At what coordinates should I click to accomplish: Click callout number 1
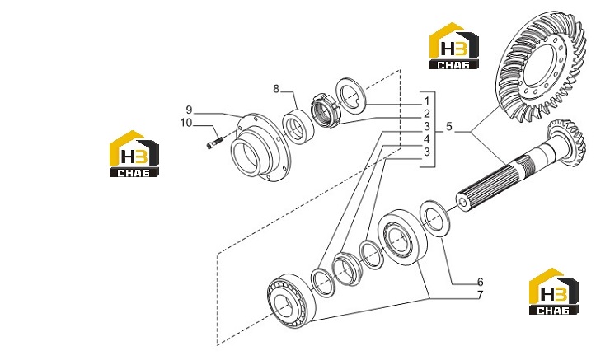[427, 101]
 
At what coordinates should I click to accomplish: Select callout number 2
[427, 114]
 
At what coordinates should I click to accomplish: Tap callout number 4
[427, 138]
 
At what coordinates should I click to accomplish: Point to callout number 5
[449, 127]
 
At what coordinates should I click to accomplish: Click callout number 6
[480, 282]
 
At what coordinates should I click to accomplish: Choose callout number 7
[480, 295]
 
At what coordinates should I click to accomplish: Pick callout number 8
[276, 89]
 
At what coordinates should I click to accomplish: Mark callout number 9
[189, 110]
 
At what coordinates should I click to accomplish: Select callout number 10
[186, 123]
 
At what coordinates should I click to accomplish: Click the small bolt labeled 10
[214, 143]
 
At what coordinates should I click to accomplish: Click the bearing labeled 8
[298, 126]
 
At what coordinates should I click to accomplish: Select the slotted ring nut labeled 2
[326, 110]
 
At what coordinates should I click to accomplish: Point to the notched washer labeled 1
[350, 96]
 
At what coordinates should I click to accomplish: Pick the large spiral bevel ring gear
[541, 73]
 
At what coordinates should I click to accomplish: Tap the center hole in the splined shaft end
[463, 202]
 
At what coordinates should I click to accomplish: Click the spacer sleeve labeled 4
[347, 269]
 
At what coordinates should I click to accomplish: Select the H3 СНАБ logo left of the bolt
[134, 153]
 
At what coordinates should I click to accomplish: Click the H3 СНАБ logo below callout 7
[554, 291]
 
